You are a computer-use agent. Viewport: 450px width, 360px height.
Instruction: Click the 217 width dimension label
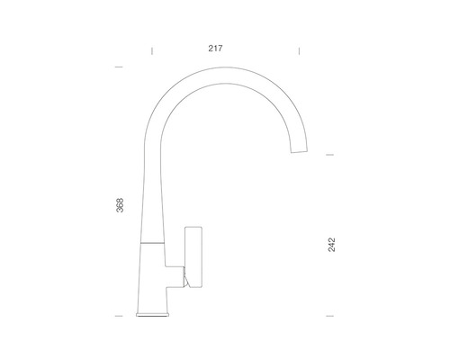tap(215, 49)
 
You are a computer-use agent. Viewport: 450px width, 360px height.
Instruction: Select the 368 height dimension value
tap(120, 205)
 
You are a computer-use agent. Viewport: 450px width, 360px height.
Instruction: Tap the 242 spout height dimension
tap(331, 245)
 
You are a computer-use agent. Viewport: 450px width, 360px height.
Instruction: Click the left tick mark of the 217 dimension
tap(152, 51)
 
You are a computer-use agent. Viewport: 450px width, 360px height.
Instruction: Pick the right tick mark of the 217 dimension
tap(299, 51)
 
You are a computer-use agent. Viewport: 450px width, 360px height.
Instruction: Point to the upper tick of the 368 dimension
tap(119, 67)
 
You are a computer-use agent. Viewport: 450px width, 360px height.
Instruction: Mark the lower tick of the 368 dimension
tap(119, 316)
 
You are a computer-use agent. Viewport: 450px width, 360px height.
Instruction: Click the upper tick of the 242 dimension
tap(329, 155)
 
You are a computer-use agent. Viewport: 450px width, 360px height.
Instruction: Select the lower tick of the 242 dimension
tap(329, 316)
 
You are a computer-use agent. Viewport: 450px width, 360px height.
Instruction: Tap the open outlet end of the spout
tap(299, 151)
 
